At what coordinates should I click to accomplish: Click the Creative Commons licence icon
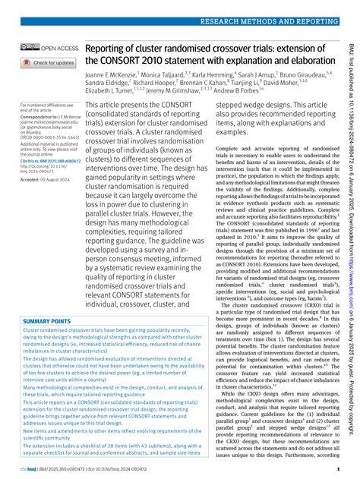pyautogui.click(x=30, y=48)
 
